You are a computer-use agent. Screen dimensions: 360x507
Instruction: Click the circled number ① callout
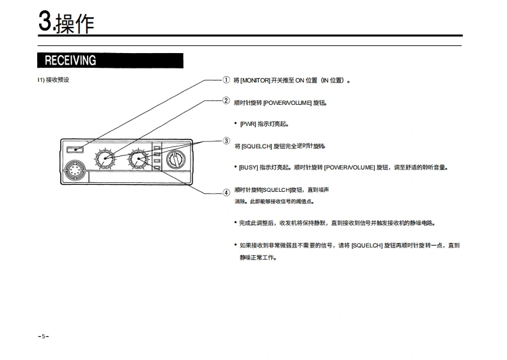(226, 80)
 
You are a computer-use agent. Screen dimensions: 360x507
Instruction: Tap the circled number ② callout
(226, 100)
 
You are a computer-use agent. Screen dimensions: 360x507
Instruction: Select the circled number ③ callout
(226, 141)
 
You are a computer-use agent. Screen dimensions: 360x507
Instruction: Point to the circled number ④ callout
(226, 192)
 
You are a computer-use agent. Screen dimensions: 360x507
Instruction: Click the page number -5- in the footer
(43, 336)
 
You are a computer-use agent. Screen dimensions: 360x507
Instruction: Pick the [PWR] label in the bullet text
(248, 124)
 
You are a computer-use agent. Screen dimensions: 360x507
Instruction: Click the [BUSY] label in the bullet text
(249, 168)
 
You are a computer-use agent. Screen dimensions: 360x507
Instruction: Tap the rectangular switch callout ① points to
(74, 150)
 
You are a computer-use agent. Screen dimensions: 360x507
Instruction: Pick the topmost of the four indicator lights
(156, 146)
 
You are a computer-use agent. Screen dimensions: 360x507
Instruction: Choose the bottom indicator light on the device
(156, 169)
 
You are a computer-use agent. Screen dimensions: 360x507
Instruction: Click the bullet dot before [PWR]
(235, 124)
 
